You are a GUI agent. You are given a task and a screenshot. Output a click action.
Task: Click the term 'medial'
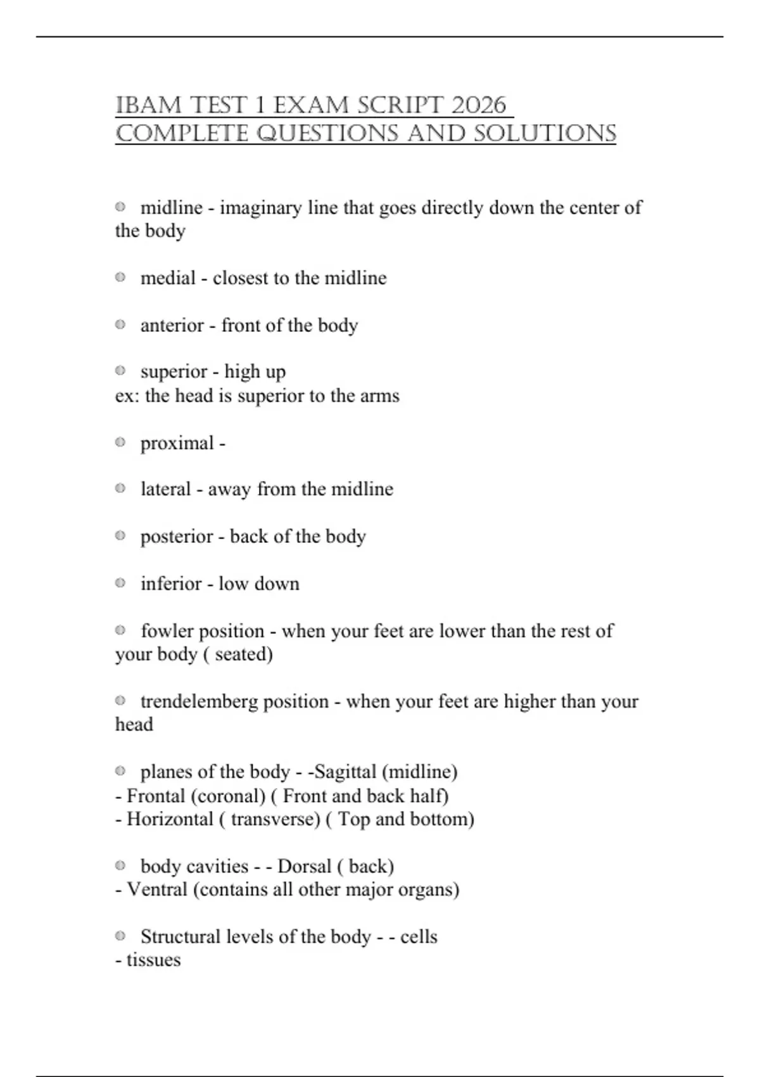point(168,278)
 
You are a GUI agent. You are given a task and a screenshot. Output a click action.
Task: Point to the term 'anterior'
point(172,326)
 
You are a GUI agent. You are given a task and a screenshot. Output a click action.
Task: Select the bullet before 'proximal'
point(120,442)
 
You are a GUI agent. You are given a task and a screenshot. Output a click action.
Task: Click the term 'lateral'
point(165,489)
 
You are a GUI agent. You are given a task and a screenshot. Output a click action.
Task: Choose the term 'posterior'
point(177,537)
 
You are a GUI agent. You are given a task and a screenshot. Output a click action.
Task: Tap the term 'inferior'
point(171,583)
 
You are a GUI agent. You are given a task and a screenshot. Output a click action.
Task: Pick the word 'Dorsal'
point(304,866)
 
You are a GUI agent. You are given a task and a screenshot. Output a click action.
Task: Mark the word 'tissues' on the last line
point(153,960)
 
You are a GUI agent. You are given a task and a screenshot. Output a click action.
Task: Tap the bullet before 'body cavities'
point(120,865)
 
